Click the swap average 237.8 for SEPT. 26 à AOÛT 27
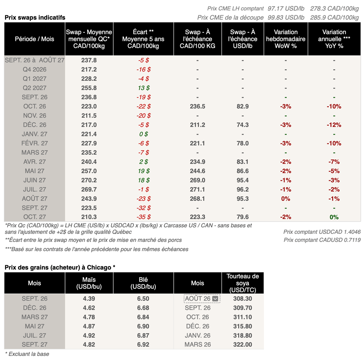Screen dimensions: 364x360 click(x=89, y=60)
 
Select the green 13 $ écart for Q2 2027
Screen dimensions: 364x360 click(x=144, y=88)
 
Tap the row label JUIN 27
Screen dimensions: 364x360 click(x=34, y=180)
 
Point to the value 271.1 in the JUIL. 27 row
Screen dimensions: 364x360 click(x=197, y=190)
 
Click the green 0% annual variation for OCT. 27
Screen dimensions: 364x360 click(x=334, y=217)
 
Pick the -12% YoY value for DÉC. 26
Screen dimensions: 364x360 click(x=334, y=125)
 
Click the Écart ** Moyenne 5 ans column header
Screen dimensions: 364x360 click(x=143, y=39)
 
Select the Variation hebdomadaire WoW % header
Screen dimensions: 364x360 click(x=285, y=39)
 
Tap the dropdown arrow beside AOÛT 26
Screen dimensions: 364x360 click(x=215, y=299)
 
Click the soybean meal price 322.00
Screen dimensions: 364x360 click(x=242, y=345)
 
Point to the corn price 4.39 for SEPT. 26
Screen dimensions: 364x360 click(x=89, y=299)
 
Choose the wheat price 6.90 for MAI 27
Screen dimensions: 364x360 click(x=143, y=326)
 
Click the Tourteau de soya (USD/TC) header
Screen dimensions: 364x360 click(x=242, y=283)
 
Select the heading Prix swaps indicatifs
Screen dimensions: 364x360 click(x=35, y=18)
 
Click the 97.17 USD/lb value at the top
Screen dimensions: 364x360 click(x=286, y=9)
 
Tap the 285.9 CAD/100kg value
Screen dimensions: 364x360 click(x=334, y=18)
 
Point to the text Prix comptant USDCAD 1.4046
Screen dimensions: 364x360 click(x=322, y=232)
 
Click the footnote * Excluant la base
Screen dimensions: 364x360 click(x=27, y=354)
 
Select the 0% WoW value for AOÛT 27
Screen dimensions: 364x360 click(x=285, y=199)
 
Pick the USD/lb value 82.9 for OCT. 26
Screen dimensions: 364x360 click(x=242, y=107)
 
